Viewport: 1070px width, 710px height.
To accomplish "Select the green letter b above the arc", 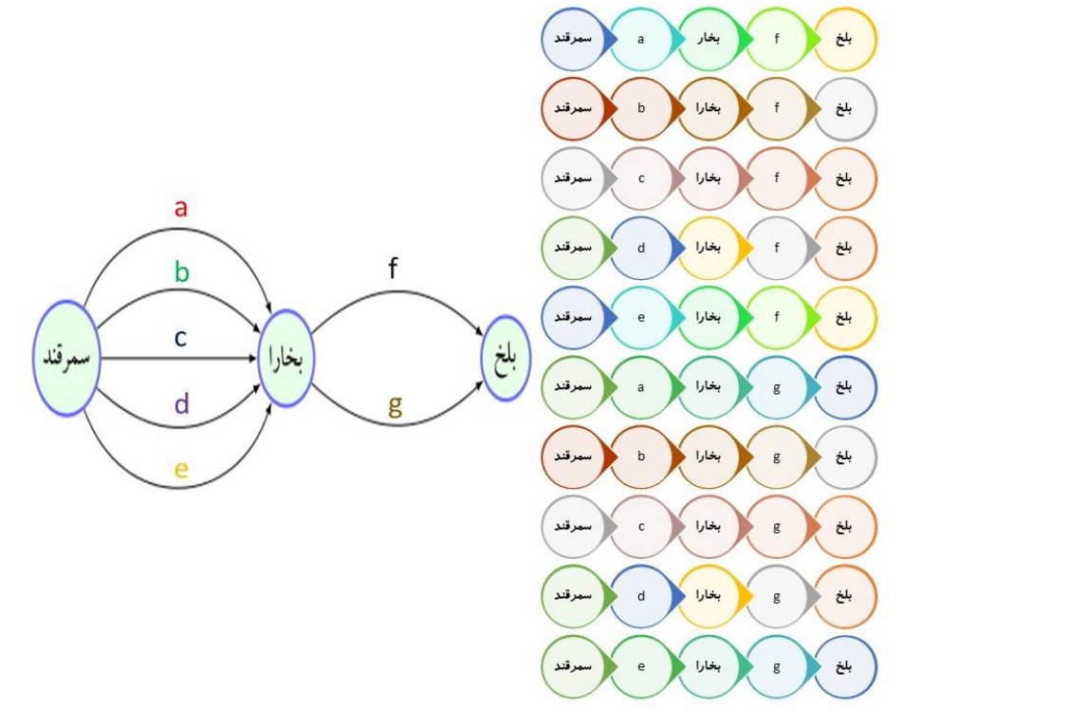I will click(x=181, y=273).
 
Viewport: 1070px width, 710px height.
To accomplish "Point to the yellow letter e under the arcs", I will click(x=181, y=469).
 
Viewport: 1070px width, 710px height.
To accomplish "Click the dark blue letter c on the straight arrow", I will click(x=180, y=338).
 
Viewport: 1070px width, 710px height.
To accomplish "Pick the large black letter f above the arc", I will click(x=393, y=269).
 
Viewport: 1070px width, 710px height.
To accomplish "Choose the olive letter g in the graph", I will click(x=396, y=406).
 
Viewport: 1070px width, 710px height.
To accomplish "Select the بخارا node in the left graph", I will click(x=286, y=359).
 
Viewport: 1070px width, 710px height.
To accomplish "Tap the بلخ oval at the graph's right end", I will click(x=504, y=359).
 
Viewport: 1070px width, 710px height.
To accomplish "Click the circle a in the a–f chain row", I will click(x=640, y=39).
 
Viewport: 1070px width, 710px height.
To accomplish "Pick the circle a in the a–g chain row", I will click(x=640, y=387).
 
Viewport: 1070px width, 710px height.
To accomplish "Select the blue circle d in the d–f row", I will click(x=640, y=248).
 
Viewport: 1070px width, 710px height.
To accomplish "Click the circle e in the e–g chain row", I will click(x=640, y=665).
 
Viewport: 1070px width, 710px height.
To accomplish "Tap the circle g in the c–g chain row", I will click(x=777, y=526).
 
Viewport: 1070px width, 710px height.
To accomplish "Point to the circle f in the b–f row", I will click(x=777, y=108).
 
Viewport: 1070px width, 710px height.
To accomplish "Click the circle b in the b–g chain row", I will click(x=640, y=457).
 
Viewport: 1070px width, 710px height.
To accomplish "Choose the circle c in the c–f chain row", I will click(x=640, y=178).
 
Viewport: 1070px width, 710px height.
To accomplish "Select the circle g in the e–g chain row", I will click(x=777, y=665).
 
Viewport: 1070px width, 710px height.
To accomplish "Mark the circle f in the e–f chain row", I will click(x=777, y=317).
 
